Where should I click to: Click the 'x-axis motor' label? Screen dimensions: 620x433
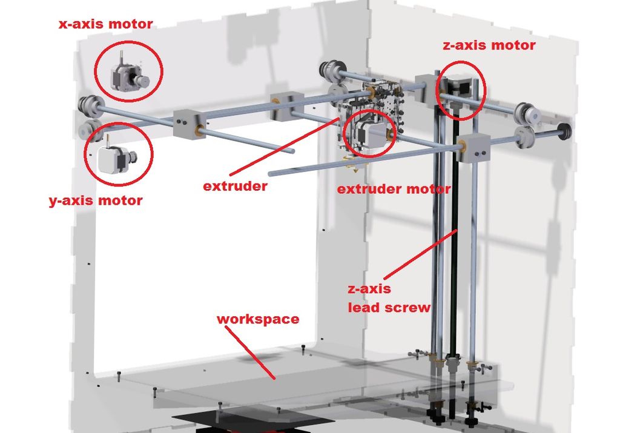click(105, 24)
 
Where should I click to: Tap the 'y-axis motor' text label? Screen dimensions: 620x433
click(96, 201)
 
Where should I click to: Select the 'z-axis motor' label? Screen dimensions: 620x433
click(489, 45)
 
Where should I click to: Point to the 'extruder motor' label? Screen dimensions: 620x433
click(394, 189)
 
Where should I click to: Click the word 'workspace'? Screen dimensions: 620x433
click(258, 319)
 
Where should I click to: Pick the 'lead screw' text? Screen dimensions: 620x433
click(389, 307)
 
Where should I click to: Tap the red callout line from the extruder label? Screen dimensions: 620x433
click(284, 147)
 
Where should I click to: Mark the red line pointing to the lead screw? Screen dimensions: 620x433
click(420, 254)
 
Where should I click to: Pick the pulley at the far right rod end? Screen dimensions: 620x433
click(565, 131)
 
